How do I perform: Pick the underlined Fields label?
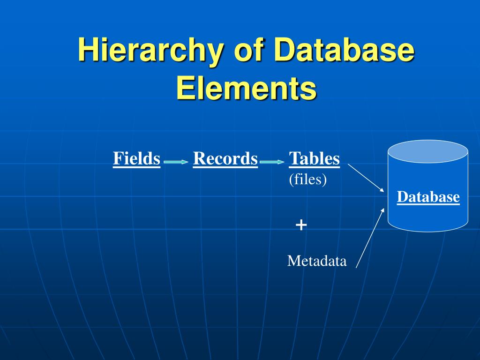point(136,158)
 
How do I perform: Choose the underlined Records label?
point(225,158)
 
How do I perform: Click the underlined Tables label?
point(314,158)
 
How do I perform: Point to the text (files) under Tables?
point(307,180)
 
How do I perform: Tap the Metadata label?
point(317,261)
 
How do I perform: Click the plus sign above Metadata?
point(301,225)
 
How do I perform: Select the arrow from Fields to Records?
point(176,162)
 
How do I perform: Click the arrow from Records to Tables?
point(272,162)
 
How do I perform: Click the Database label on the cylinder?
point(428,197)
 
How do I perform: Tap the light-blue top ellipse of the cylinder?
point(428,151)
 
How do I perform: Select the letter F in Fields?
point(117,158)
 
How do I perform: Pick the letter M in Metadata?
point(292,261)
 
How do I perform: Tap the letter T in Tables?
point(294,158)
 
